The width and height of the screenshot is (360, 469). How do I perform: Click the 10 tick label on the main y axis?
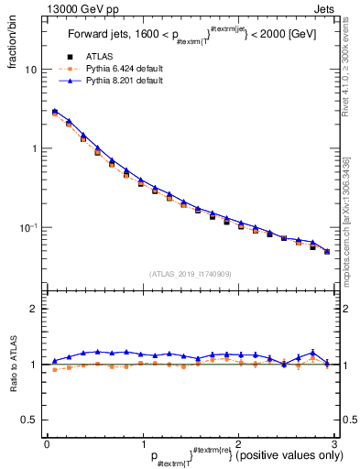31,70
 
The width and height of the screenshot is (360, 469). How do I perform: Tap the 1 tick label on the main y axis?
34,148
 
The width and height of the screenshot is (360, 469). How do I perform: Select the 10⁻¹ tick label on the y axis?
29,226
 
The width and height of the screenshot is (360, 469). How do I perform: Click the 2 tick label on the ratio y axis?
34,309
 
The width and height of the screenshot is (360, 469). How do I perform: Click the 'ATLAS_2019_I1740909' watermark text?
190,274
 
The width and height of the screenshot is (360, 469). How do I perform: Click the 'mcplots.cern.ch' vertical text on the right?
350,229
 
